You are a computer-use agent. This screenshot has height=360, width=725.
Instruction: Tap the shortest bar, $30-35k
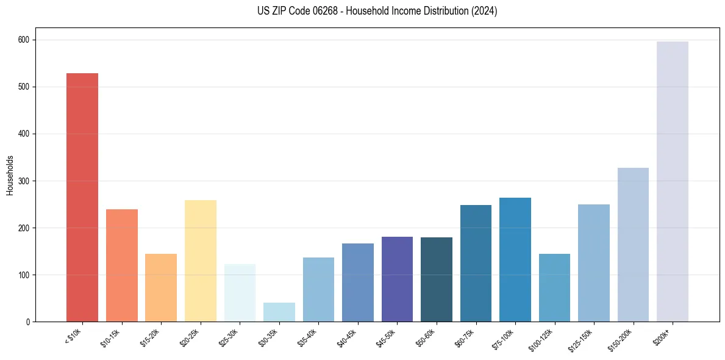pos(279,312)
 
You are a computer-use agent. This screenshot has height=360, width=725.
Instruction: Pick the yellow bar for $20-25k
pos(201,261)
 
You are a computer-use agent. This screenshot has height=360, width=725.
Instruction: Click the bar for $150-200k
pos(633,244)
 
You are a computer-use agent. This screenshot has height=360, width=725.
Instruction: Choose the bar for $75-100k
pos(515,259)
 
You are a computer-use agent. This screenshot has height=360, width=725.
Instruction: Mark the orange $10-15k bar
pos(122,265)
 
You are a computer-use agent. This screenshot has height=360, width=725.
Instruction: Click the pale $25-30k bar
pos(240,293)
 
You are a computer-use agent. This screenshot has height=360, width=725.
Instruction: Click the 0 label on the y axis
pos(28,322)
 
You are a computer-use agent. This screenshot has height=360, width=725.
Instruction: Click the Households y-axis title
pos(10,175)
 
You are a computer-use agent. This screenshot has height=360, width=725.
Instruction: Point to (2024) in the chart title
pos(484,11)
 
